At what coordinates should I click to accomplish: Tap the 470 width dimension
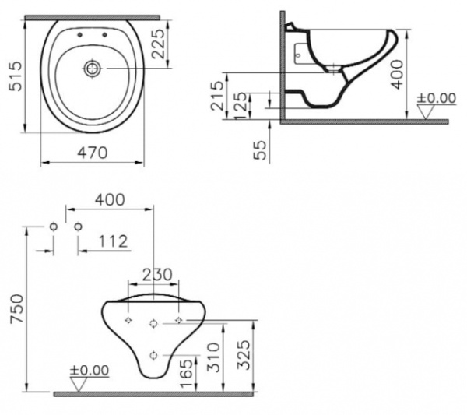(93, 153)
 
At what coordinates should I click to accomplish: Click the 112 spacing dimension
(114, 242)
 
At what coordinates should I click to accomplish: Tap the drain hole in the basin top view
(93, 69)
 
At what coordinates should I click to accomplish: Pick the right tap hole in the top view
(105, 36)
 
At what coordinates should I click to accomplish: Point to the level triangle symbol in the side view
(426, 111)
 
